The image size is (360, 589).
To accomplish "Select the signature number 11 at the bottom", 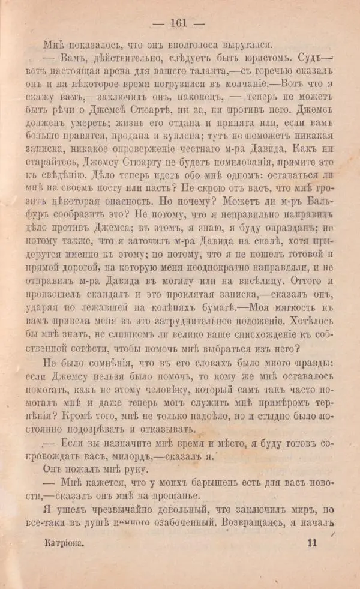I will point(311,542).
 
